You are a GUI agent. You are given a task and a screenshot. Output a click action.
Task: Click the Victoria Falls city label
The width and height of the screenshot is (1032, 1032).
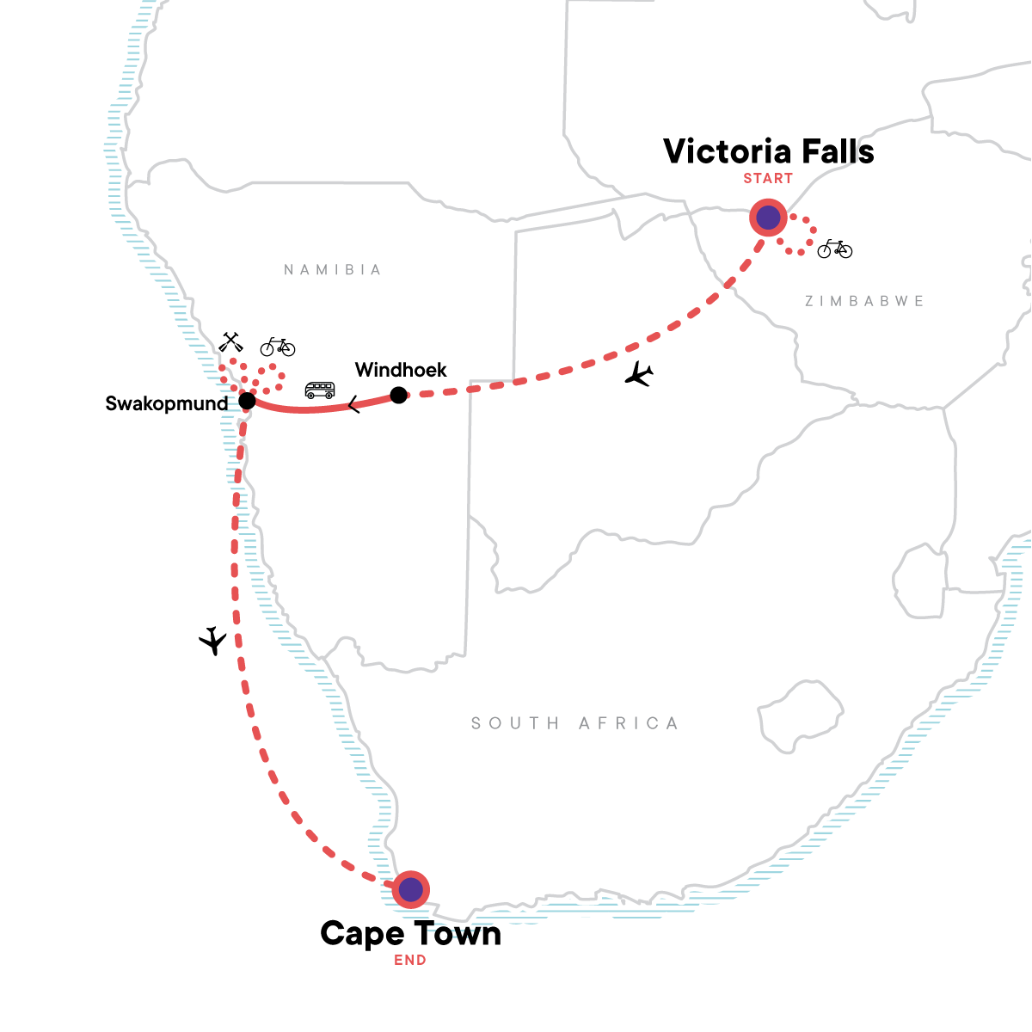(768, 151)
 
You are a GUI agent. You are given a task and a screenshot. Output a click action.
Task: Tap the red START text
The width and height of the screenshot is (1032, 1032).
(768, 179)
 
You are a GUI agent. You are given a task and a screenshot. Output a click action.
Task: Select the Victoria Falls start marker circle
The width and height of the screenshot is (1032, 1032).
(768, 218)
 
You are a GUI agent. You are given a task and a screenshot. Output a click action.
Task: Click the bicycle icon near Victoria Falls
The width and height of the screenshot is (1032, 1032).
(834, 249)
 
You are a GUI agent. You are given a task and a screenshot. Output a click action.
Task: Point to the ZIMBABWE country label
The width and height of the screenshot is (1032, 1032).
(864, 301)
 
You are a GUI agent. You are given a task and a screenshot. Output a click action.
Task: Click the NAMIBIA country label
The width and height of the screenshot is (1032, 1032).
(332, 270)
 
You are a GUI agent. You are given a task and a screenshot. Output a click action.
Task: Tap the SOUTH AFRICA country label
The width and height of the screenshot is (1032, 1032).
(574, 723)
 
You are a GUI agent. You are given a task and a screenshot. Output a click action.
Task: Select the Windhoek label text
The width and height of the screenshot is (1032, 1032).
(401, 370)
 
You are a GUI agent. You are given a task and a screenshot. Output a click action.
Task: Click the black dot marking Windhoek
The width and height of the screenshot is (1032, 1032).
(398, 396)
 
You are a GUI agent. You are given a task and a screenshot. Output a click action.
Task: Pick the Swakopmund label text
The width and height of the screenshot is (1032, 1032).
(167, 403)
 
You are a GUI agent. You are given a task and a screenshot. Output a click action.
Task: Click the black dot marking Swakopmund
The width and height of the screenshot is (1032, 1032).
(247, 401)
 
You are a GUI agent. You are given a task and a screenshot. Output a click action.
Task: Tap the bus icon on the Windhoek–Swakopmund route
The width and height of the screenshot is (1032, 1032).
(320, 390)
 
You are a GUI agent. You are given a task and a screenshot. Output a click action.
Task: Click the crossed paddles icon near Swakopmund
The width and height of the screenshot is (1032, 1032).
(230, 342)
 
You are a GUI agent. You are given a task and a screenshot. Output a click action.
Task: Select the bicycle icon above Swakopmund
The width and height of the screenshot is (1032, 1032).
(278, 347)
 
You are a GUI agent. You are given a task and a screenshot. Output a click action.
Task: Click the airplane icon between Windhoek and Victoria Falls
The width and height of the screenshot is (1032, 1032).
(639, 374)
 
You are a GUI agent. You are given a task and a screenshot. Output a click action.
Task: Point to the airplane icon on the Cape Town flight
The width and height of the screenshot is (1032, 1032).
(212, 641)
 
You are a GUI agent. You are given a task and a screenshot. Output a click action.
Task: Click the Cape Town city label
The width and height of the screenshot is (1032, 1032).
(410, 933)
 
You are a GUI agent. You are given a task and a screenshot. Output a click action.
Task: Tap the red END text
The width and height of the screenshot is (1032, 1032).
(410, 961)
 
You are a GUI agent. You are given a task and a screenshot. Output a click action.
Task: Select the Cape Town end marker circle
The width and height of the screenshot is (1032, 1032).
(411, 890)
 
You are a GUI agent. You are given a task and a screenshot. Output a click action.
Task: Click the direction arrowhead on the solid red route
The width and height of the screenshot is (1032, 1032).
(353, 404)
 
